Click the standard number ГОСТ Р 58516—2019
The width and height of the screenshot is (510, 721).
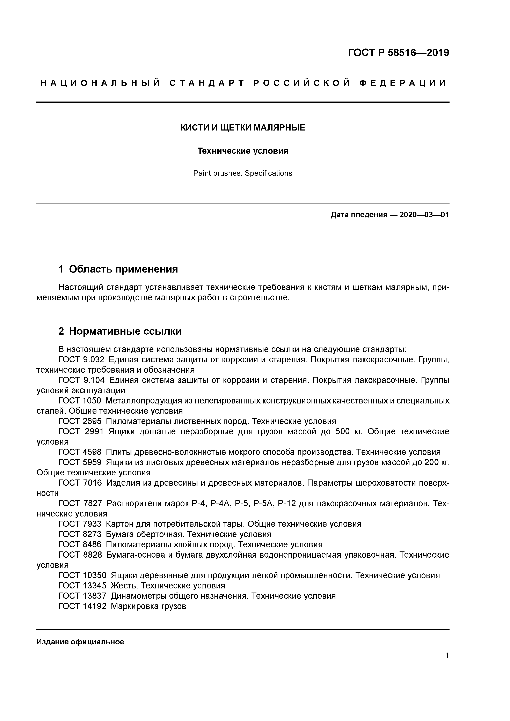[x=399, y=53]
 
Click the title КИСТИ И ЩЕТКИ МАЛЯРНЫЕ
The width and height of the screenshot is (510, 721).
[x=243, y=128]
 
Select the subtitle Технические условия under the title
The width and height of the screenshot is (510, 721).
[x=243, y=151]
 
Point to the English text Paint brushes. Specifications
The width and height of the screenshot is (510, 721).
[x=243, y=173]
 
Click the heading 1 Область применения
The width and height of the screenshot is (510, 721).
[x=118, y=269]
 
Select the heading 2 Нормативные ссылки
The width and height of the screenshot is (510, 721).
[x=120, y=331]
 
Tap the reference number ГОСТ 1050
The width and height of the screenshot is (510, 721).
[x=80, y=401]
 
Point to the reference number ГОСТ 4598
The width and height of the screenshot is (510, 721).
[x=80, y=452]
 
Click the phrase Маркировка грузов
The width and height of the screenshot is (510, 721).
[x=148, y=606]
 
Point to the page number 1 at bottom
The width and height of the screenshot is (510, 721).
[x=447, y=656]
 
